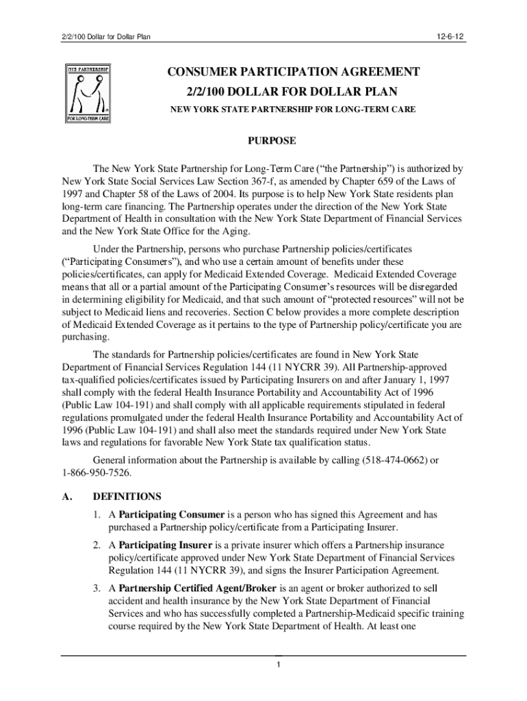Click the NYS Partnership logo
coord(88,94)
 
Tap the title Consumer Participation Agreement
coord(290,72)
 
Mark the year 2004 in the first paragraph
coord(207,194)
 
